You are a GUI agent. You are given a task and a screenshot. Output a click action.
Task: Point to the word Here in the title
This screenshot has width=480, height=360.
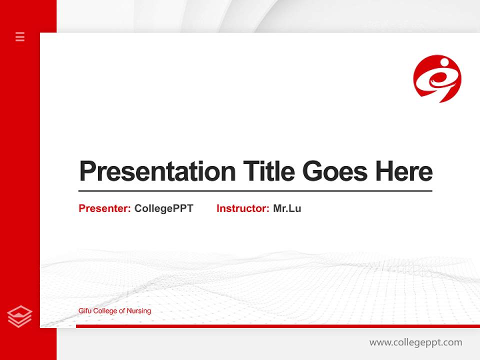coord(404,171)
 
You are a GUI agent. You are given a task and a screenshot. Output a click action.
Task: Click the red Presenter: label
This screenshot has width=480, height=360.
coord(104,208)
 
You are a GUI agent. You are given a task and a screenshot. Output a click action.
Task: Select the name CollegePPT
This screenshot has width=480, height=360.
coord(163,208)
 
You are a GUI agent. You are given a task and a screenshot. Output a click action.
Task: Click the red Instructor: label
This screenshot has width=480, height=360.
coord(242,208)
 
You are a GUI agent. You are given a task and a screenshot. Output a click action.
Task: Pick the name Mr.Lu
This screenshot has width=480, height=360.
coord(287,208)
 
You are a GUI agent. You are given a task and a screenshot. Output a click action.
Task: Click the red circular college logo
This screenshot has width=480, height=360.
coord(437,78)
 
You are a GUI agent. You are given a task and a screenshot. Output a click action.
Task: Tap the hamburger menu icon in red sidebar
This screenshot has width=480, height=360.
coord(20,36)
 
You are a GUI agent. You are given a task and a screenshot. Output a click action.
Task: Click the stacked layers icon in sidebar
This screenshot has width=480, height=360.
coord(20,316)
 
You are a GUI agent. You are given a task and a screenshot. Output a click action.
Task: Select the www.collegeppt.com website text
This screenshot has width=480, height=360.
coord(415,342)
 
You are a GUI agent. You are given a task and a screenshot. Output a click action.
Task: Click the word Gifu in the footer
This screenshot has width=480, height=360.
coord(85,311)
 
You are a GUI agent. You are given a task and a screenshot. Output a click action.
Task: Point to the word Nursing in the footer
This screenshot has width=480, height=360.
coord(138,311)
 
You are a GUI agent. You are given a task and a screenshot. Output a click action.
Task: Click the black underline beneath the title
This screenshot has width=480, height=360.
coord(255,191)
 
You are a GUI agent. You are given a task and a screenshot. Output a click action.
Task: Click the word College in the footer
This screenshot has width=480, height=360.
coord(105,311)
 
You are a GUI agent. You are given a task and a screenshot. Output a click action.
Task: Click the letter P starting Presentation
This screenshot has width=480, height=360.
coord(86,171)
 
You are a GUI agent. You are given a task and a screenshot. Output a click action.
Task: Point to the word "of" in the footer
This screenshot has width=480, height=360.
coord(121,311)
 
